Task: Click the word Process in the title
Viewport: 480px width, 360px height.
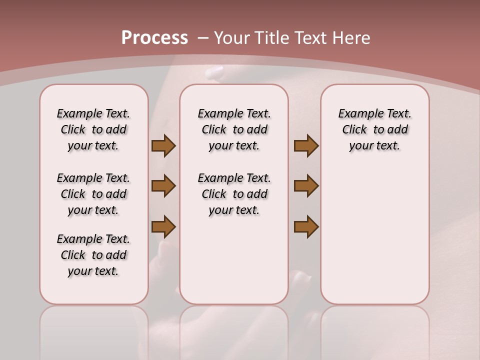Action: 154,38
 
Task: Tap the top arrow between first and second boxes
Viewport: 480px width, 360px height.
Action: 163,146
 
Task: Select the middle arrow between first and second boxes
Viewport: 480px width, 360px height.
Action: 163,186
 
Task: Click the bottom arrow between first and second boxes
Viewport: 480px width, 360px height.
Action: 163,226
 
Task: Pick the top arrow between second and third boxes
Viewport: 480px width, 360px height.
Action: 306,146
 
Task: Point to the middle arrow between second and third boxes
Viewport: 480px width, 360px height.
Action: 306,186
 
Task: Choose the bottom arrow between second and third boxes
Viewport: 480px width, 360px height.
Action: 306,226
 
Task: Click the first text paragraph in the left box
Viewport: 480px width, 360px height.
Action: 93,129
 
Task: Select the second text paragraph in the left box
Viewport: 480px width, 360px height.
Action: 93,194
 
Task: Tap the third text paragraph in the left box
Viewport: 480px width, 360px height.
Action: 93,255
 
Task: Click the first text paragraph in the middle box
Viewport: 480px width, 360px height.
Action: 234,129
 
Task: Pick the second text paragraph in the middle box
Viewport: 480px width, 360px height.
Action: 234,194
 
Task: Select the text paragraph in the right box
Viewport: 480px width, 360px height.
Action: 374,129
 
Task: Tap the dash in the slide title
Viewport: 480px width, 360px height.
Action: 203,38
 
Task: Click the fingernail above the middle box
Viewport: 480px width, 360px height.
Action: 215,72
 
